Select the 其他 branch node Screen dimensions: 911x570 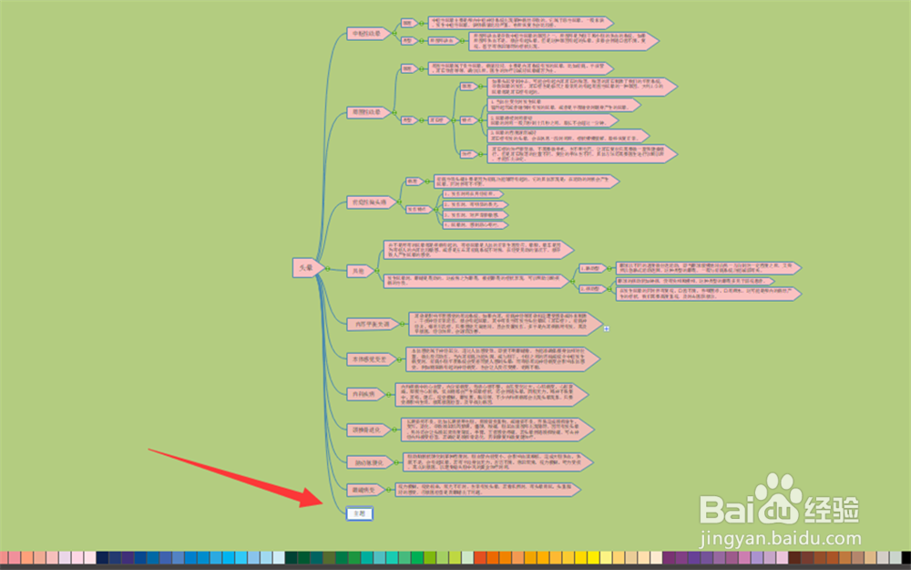[x=358, y=271]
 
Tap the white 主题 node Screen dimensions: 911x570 [x=359, y=514]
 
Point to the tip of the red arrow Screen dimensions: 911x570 [x=322, y=504]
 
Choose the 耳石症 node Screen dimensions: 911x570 [x=440, y=119]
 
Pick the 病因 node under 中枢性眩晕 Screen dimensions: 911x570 [x=409, y=22]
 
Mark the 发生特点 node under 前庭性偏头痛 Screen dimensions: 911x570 [x=419, y=209]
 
